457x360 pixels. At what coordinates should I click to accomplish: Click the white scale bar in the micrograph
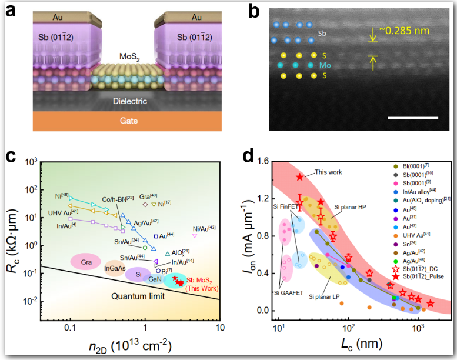point(412,118)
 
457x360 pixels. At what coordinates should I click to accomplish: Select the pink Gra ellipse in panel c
point(86,261)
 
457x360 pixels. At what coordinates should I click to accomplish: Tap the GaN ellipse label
point(155,279)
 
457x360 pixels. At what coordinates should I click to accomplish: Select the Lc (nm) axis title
point(352,345)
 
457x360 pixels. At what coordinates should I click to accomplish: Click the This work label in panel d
point(328,172)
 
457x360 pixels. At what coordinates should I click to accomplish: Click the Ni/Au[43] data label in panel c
point(204,228)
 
